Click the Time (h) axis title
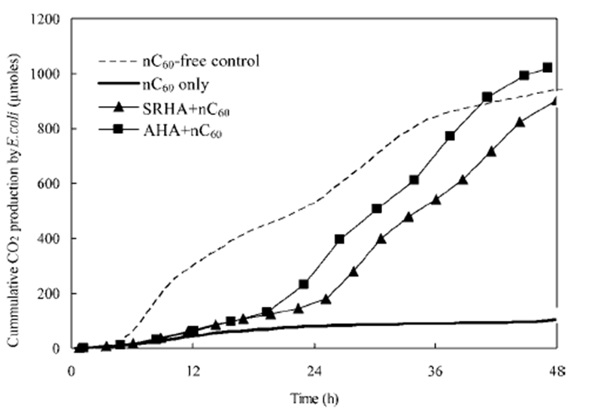314,394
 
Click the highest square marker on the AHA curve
548,68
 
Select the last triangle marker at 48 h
556,101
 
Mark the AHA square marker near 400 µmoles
340,239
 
